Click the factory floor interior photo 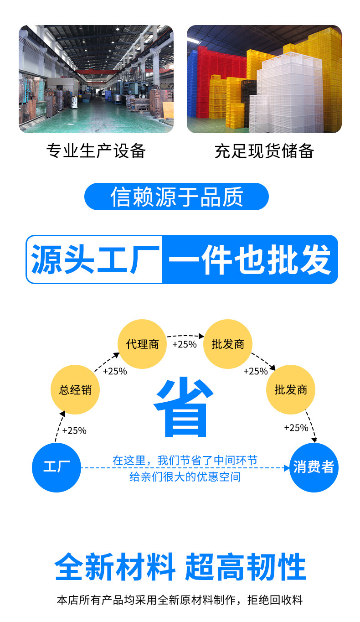click(96, 79)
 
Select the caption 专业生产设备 click(96, 150)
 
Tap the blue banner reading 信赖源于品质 click(177, 197)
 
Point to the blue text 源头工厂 click(95, 259)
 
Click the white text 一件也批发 click(249, 259)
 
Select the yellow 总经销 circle click(75, 390)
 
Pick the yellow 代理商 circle click(142, 344)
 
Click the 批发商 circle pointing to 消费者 click(291, 390)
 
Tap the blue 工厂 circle click(57, 467)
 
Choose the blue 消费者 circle click(314, 467)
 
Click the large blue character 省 click(183, 407)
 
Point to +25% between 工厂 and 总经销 click(74, 430)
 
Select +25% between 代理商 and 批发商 click(185, 344)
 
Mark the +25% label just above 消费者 click(296, 428)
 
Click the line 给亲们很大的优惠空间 click(185, 477)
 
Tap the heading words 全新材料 click(115, 567)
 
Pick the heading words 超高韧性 click(245, 567)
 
